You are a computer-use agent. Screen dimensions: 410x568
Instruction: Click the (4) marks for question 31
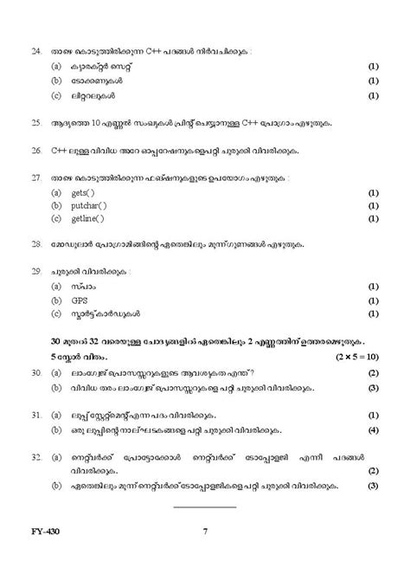(372, 429)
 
